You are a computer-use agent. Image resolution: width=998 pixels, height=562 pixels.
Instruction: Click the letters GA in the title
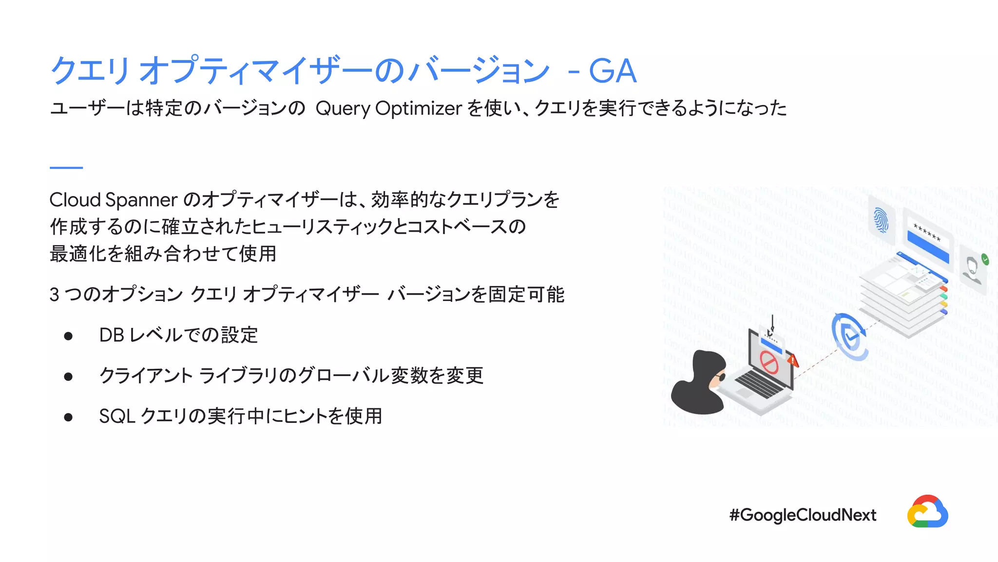point(612,71)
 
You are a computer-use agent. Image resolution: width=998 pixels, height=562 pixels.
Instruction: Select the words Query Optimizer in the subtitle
point(388,108)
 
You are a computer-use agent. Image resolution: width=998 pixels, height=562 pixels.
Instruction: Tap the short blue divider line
point(66,167)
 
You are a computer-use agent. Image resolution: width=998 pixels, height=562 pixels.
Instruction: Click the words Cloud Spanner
point(113,200)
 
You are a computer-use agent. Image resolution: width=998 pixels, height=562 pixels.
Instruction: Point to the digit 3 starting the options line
point(55,295)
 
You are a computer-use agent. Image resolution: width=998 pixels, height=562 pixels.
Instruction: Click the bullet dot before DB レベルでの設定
point(68,336)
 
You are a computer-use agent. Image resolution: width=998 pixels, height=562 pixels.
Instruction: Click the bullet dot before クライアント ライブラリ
point(68,376)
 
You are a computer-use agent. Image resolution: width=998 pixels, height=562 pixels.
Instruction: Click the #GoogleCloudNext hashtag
point(803,515)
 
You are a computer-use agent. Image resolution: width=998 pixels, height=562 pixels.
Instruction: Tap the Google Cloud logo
point(927,512)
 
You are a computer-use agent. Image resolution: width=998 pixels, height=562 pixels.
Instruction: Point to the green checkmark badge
point(985,260)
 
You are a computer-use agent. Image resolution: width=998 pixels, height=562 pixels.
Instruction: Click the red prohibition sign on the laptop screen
point(769,363)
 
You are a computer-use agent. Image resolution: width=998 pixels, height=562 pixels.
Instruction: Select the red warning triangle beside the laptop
point(793,361)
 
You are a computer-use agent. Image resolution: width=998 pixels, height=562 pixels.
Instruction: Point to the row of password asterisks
point(927,233)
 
